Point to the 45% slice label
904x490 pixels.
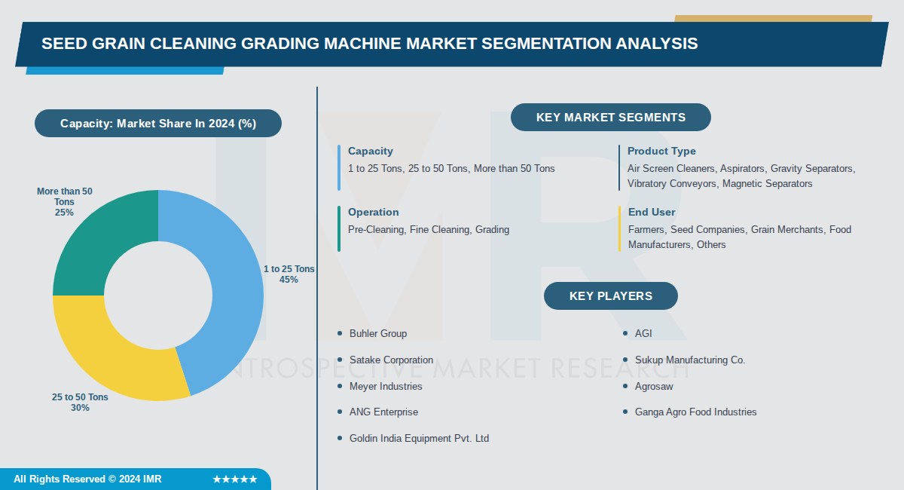pyautogui.click(x=289, y=280)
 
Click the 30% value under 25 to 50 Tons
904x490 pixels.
pyautogui.click(x=80, y=408)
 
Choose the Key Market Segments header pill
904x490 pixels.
pyautogui.click(x=610, y=118)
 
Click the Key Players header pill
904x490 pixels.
pyautogui.click(x=610, y=296)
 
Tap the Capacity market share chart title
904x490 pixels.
pyautogui.click(x=158, y=124)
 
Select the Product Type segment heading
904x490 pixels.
pyautogui.click(x=661, y=152)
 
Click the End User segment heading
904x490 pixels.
pyautogui.click(x=652, y=213)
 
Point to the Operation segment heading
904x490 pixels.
pyautogui.click(x=373, y=213)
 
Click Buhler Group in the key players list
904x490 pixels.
pyautogui.click(x=377, y=333)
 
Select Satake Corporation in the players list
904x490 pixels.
pyautogui.click(x=391, y=360)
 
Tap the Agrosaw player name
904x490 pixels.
pyautogui.click(x=654, y=387)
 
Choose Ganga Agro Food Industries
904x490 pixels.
pyautogui.click(x=695, y=412)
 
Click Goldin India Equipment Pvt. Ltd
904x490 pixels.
pyautogui.click(x=419, y=438)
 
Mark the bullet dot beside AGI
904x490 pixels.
pyautogui.click(x=625, y=333)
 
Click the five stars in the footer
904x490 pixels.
pyautogui.click(x=235, y=479)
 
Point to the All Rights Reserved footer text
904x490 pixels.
pyautogui.click(x=87, y=479)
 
